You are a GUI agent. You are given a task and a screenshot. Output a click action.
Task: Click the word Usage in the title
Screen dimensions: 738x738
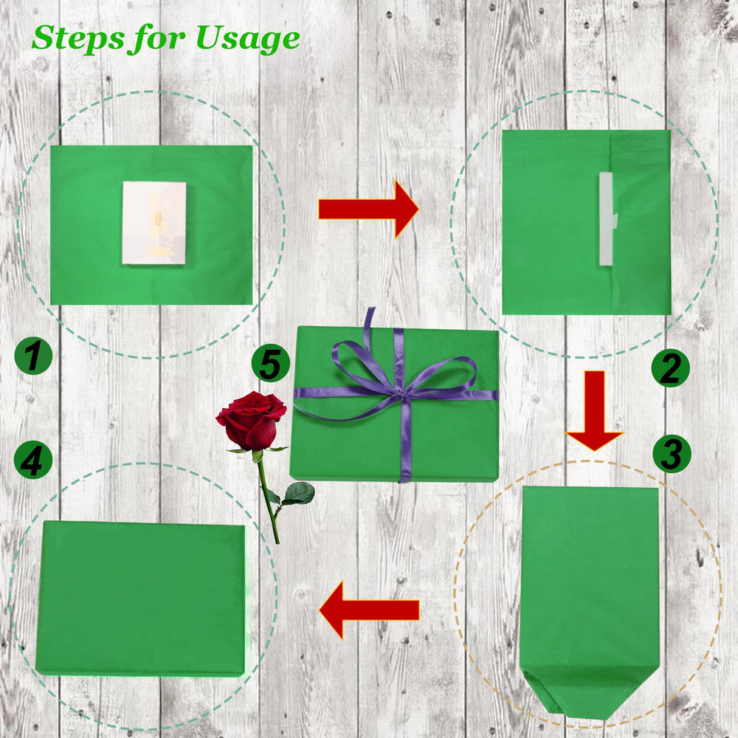(247, 39)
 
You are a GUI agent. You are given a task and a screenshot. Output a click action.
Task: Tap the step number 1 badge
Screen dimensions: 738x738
(33, 356)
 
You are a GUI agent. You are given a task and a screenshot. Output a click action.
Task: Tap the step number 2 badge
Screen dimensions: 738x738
(670, 368)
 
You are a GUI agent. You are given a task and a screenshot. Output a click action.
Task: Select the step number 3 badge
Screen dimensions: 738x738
(672, 454)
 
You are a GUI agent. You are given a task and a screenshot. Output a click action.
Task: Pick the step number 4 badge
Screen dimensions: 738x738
(33, 460)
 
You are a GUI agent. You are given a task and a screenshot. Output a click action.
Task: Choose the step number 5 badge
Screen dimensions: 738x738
(271, 363)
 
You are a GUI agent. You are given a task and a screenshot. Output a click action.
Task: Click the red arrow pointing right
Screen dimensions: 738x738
(368, 209)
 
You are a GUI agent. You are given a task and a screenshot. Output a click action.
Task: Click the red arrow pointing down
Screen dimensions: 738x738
(594, 410)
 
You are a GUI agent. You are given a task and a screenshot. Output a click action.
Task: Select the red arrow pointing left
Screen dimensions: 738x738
(369, 610)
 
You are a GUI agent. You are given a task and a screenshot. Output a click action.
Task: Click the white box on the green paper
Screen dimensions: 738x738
(154, 223)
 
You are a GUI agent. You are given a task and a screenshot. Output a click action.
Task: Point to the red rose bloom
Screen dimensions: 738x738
(251, 420)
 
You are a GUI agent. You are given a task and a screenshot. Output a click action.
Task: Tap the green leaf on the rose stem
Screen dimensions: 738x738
(298, 493)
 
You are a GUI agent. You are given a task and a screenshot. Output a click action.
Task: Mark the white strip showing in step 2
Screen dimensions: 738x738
(607, 218)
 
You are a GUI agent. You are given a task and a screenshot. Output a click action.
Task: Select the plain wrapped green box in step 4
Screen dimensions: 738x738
(141, 599)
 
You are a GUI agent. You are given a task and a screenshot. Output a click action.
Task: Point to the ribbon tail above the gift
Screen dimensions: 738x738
(368, 326)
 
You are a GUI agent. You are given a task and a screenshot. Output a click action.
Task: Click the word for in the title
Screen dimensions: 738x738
(156, 38)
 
